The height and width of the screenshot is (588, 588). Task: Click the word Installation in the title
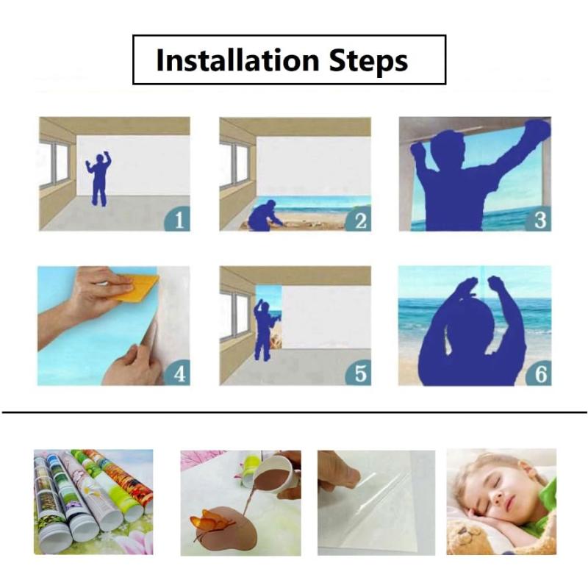tap(237, 60)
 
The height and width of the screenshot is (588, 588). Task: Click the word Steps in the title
tap(368, 62)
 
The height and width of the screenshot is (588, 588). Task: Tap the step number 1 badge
tap(177, 218)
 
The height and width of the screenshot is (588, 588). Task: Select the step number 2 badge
tap(359, 219)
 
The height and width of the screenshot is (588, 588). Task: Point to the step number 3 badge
tap(539, 218)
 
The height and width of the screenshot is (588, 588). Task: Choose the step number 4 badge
tap(177, 373)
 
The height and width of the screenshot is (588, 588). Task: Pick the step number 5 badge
tap(359, 373)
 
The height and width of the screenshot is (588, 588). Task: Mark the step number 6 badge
tap(539, 373)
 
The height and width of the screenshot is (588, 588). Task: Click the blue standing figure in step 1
tap(98, 179)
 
